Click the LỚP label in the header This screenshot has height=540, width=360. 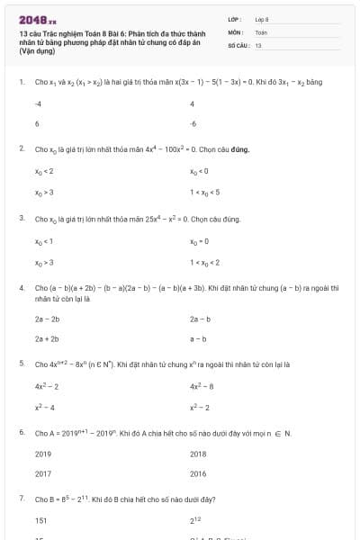(x=235, y=18)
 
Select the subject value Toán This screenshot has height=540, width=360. (x=261, y=31)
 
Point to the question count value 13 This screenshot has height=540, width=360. (x=258, y=44)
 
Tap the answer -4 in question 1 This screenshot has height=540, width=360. (x=38, y=104)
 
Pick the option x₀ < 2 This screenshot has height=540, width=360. (x=44, y=171)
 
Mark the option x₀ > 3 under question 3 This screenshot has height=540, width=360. (x=44, y=261)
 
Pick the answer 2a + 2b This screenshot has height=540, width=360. (x=47, y=338)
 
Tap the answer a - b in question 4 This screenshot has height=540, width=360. (x=198, y=338)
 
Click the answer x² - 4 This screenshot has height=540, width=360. (x=45, y=407)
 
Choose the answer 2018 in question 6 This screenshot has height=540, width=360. (x=198, y=454)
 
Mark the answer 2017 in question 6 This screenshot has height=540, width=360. (x=43, y=473)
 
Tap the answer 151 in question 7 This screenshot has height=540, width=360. (x=40, y=521)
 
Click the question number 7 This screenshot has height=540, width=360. (x=22, y=499)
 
